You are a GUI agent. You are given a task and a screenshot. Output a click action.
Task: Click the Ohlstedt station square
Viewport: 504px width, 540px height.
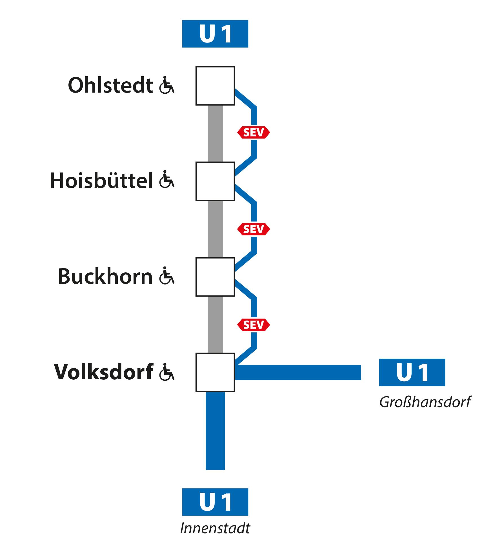(x=215, y=86)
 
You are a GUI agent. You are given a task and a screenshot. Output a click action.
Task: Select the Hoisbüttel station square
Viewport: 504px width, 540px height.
(x=215, y=181)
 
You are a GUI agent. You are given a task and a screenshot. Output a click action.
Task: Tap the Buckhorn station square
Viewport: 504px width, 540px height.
(x=215, y=277)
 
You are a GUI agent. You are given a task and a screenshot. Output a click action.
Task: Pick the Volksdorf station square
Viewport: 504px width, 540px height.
(x=215, y=372)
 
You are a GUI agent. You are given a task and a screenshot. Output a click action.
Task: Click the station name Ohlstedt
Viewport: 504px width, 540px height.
(x=110, y=85)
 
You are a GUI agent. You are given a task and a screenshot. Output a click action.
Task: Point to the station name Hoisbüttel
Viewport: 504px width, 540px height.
(x=101, y=181)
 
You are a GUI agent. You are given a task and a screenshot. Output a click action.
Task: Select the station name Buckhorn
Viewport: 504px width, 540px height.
(x=105, y=277)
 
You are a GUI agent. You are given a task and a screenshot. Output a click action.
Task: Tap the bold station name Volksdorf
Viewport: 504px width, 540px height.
(x=104, y=372)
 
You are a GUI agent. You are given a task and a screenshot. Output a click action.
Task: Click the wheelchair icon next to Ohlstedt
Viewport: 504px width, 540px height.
(x=167, y=85)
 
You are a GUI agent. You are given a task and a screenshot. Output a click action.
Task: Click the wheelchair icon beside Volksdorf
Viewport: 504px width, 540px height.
(x=167, y=372)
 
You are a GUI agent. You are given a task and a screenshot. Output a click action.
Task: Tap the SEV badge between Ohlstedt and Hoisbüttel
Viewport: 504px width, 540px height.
(x=254, y=132)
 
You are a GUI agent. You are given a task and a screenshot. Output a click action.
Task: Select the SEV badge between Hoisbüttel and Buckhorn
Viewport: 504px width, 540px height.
(x=254, y=229)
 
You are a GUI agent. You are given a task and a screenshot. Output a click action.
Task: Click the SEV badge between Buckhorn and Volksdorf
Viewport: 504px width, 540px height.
(x=254, y=325)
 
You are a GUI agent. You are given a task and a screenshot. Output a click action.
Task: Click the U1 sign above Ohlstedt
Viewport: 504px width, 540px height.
(x=215, y=34)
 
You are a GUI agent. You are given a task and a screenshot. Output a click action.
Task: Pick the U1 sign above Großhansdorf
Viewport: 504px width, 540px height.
(x=412, y=372)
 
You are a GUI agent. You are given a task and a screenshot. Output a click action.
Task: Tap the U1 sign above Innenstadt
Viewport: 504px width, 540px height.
(x=215, y=502)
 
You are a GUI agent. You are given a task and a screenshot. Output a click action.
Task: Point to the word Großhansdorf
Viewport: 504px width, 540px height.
(x=425, y=402)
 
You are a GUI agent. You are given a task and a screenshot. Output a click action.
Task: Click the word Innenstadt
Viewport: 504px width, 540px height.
(x=215, y=528)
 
